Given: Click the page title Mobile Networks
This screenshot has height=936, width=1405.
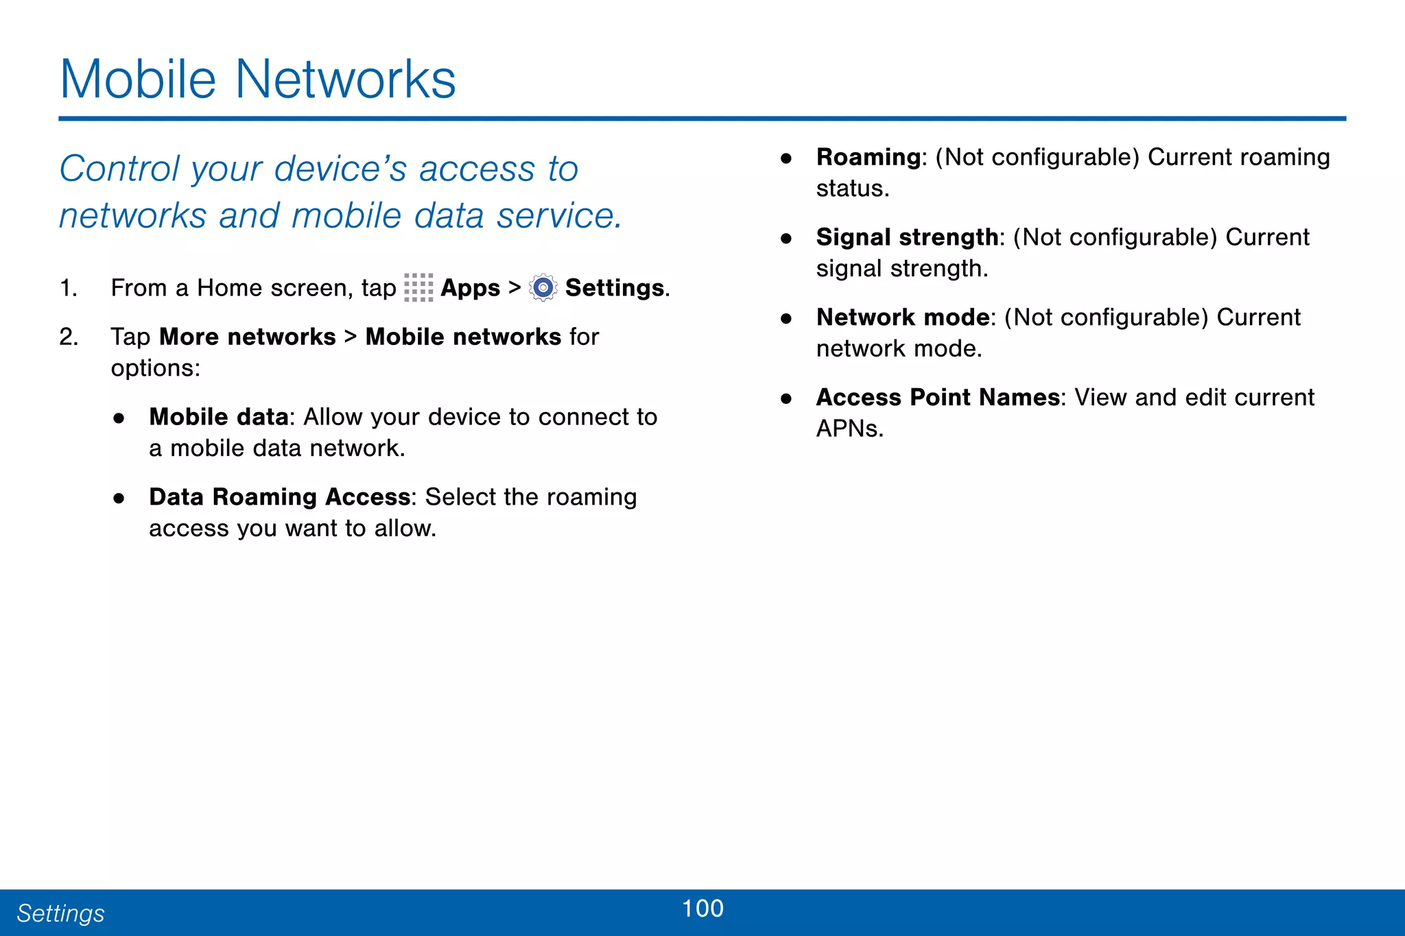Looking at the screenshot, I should [x=257, y=80].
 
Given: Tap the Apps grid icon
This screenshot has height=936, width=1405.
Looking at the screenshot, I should [x=418, y=287].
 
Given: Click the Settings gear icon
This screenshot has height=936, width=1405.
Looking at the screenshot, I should [x=543, y=287].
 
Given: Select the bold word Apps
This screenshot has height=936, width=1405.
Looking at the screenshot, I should [x=470, y=288].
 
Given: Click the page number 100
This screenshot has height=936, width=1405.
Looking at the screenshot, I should [x=702, y=909].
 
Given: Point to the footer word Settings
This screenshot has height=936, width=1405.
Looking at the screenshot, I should [x=60, y=913].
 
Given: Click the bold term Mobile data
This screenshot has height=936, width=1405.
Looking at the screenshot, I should [x=219, y=417].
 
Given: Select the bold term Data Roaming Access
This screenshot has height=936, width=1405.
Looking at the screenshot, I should [x=279, y=497].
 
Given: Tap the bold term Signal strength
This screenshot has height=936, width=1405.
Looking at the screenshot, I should [x=907, y=237].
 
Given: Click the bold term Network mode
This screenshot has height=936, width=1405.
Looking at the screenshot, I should [x=903, y=317].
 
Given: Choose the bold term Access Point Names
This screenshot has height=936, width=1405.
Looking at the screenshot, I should [x=938, y=398].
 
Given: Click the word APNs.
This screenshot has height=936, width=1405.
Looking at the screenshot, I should [x=849, y=429].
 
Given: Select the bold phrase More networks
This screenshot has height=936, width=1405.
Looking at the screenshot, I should [x=248, y=337].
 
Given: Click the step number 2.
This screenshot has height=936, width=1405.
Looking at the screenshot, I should [x=68, y=337].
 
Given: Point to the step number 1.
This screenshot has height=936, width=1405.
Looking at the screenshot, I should [x=68, y=288].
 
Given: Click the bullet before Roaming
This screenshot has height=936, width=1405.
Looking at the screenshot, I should [x=786, y=158].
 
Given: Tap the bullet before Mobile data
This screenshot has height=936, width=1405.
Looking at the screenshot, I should [x=119, y=418].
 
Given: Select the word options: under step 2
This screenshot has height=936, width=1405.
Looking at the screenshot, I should [x=156, y=369].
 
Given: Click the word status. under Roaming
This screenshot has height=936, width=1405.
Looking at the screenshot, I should [x=852, y=189].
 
